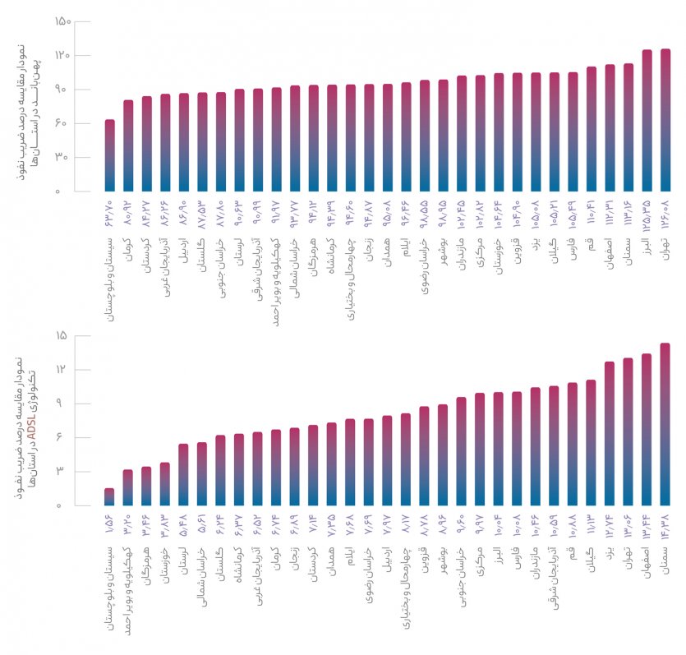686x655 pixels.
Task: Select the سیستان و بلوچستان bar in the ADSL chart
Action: click(x=109, y=496)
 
